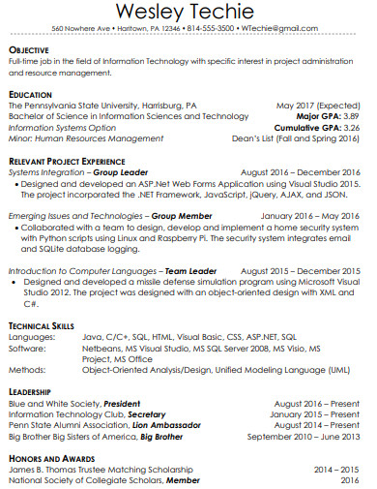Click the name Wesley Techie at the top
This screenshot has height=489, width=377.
188,13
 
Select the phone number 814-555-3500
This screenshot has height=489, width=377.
210,29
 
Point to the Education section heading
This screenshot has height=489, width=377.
30,94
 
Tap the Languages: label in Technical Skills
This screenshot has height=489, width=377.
29,337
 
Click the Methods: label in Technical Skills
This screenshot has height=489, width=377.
25,369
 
